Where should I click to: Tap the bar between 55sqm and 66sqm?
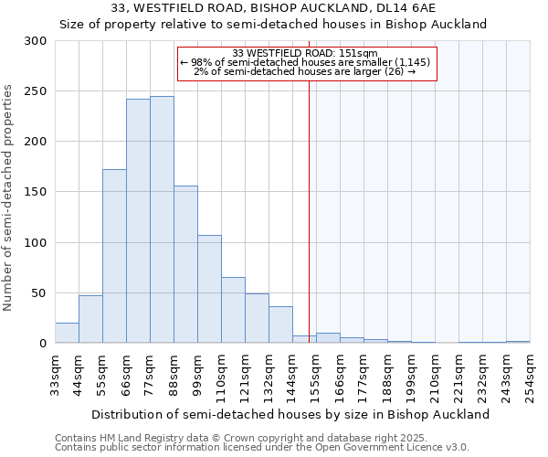pyautogui.click(x=114, y=256)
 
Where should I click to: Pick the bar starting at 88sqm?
pyautogui.click(x=185, y=265)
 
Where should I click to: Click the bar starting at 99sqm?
pyautogui.click(x=209, y=289)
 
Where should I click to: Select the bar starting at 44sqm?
pyautogui.click(x=90, y=320)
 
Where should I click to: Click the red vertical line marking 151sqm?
pyautogui.click(x=310, y=210)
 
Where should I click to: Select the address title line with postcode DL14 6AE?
pyautogui.click(x=273, y=7)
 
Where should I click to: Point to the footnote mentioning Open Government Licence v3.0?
pyautogui.click(x=262, y=447)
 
